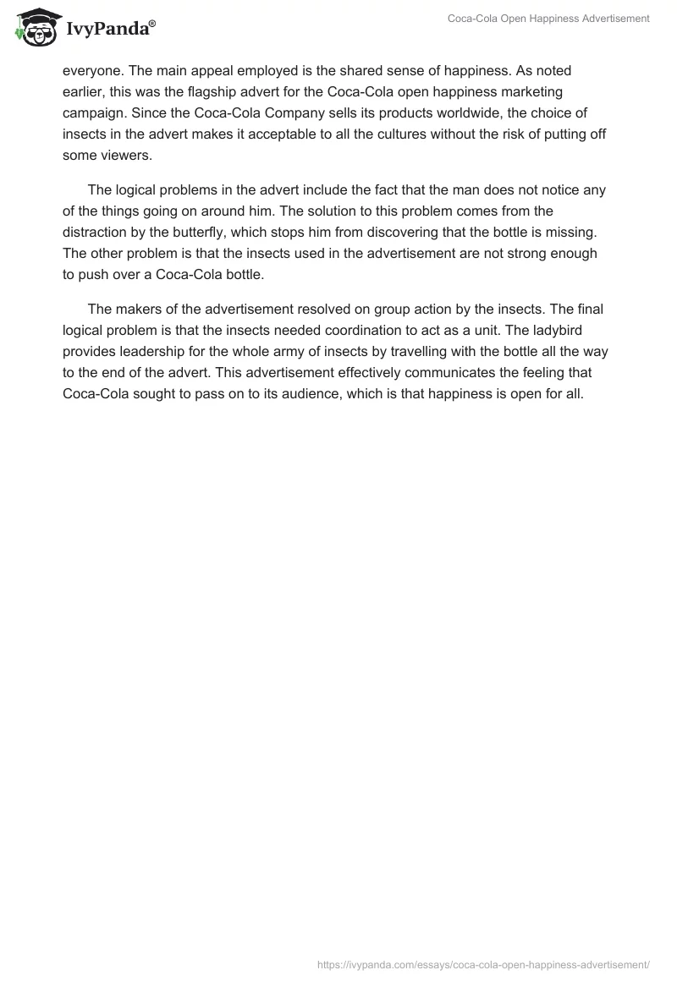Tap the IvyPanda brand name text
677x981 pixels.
109,30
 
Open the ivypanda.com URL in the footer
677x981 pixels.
483,963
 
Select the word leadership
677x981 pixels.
158,351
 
